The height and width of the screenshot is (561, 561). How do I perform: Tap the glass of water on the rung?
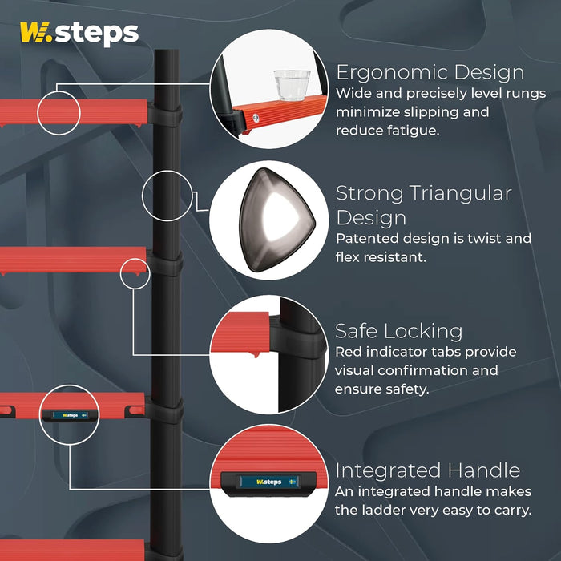pos(292,85)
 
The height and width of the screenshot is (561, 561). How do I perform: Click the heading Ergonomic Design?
pos(430,73)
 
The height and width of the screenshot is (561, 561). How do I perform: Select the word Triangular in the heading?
pos(460,194)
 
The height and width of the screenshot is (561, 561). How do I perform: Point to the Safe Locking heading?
pos(398,331)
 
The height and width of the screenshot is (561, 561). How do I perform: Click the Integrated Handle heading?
pos(427,470)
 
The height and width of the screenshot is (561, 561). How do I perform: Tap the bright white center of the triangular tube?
pos(280,217)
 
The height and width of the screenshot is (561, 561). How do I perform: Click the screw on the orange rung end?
pos(256,118)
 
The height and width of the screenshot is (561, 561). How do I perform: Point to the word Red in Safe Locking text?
pos(345,352)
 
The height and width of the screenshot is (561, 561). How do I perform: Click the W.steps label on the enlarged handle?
pos(269,482)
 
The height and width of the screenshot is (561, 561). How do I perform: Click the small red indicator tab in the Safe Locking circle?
pos(256,354)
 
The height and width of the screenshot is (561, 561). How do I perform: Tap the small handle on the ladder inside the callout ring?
pos(70,415)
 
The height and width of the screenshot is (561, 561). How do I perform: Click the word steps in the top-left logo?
pos(97,34)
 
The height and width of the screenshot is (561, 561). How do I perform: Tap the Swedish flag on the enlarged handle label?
pos(292,482)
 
